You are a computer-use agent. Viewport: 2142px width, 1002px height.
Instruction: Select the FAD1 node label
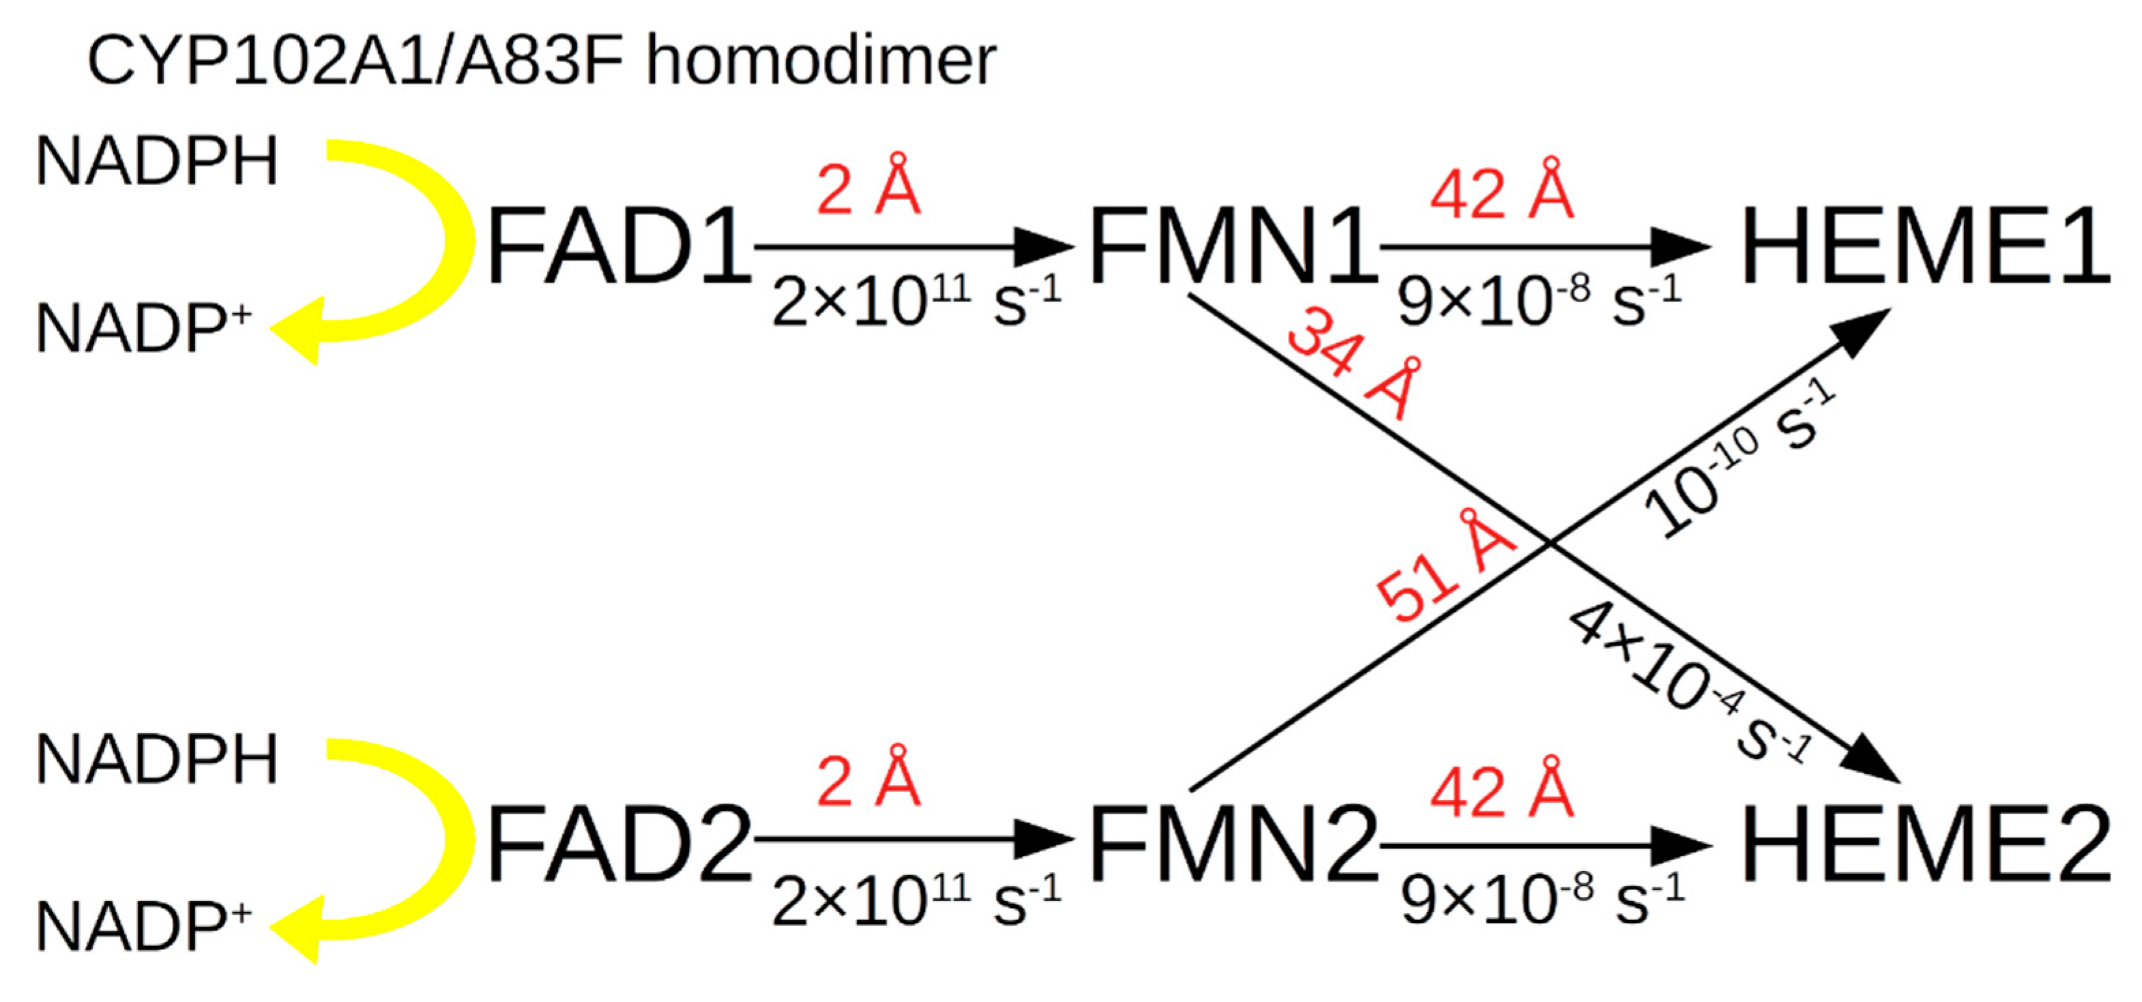click(x=619, y=247)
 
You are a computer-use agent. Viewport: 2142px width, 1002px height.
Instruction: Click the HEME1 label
click(x=1925, y=247)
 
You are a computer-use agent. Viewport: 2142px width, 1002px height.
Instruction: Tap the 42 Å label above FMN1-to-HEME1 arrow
click(x=1501, y=191)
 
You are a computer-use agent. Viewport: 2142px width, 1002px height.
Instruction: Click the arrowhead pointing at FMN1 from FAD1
click(x=1044, y=247)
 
